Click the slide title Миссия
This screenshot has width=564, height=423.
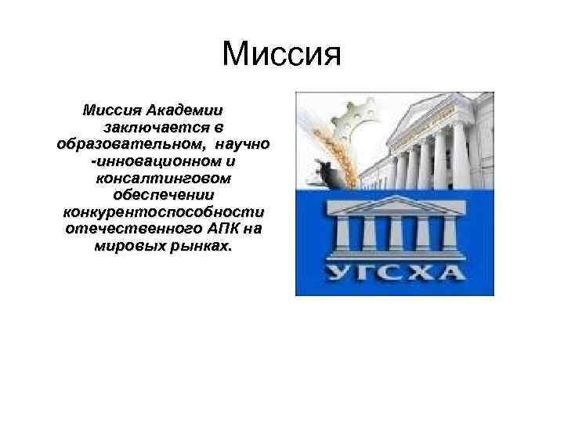point(282,56)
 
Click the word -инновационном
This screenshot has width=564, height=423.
point(151,161)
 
